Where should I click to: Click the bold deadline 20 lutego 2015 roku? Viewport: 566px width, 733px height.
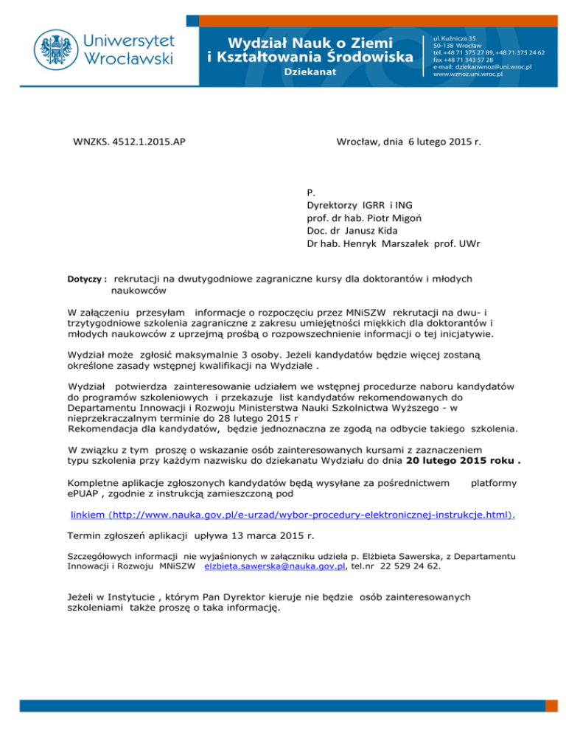461,462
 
